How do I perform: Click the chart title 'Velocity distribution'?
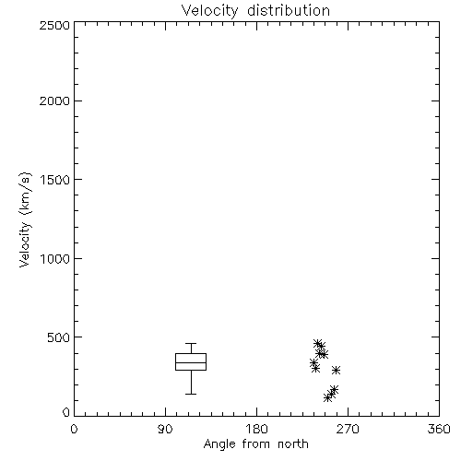coord(255,10)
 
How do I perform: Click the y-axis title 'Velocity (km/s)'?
coord(25,219)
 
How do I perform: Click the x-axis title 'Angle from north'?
coord(255,443)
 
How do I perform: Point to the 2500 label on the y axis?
coord(54,25)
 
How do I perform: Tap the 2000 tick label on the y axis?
coord(54,100)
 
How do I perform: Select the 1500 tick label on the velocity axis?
coord(55,180)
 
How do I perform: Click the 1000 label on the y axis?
coord(55,258)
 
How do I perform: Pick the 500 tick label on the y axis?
coord(58,337)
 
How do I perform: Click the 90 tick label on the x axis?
coord(165,429)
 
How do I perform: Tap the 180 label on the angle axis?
coord(256,429)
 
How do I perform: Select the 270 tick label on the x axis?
coord(348,429)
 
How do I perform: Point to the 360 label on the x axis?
coord(439,429)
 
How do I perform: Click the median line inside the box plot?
coord(191,362)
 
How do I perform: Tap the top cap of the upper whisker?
coord(191,343)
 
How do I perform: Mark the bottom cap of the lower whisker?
coord(191,394)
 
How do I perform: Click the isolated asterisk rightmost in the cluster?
coord(336,370)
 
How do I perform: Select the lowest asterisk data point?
coord(328,398)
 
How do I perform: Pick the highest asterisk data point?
coord(318,343)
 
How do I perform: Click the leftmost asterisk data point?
coord(313,362)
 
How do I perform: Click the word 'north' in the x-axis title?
coord(293,443)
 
